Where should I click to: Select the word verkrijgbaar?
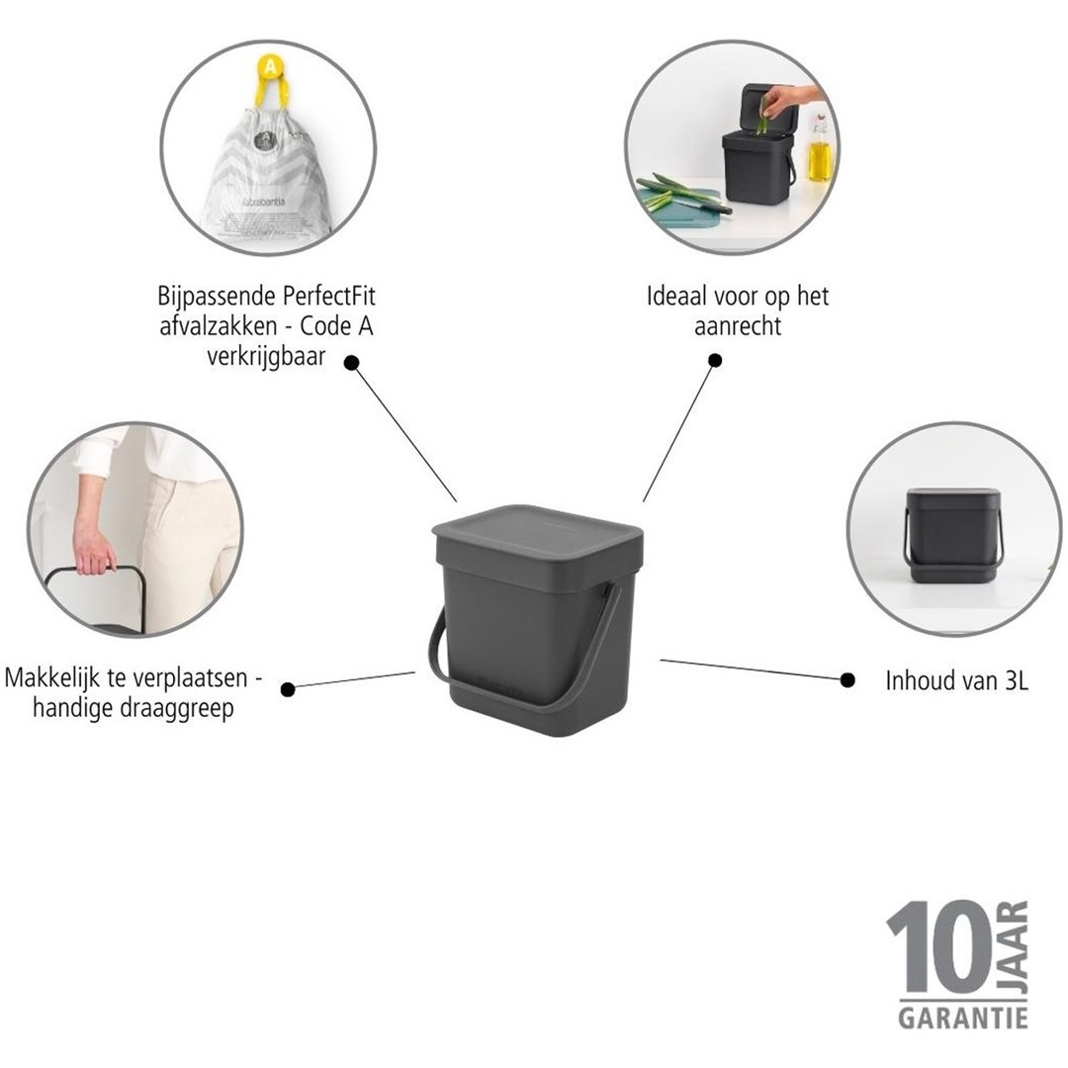(267, 355)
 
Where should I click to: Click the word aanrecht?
(737, 325)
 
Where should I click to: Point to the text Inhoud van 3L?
(956, 680)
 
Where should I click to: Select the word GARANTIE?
(962, 1016)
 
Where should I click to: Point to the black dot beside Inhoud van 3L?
(847, 679)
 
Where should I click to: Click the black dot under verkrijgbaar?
(351, 364)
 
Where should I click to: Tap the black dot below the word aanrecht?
(715, 360)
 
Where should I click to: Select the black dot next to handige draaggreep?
(288, 689)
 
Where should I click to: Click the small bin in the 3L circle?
(952, 534)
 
